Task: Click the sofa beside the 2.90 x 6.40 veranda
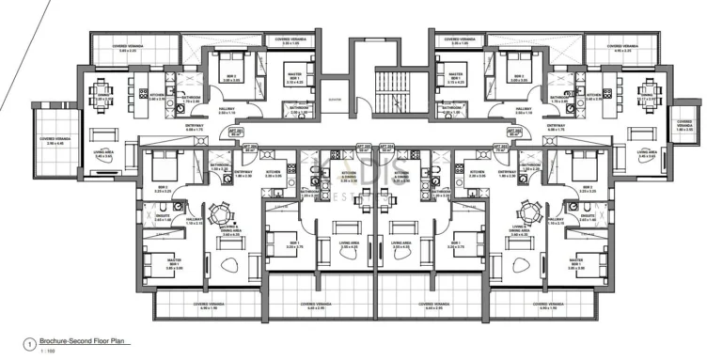(x=103, y=133)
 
